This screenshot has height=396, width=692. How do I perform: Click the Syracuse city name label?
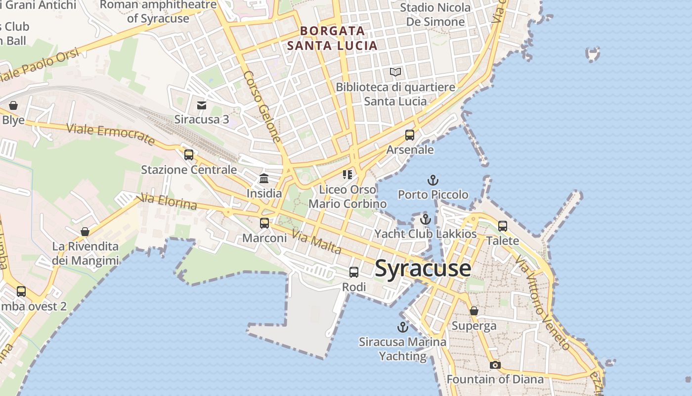tap(423, 268)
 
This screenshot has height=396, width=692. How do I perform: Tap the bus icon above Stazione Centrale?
tap(188, 155)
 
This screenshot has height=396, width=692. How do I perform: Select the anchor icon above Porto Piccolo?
tap(433, 180)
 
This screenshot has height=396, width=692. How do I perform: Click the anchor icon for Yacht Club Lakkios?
tap(426, 219)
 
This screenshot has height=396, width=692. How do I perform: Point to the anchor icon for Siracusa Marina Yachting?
tap(403, 327)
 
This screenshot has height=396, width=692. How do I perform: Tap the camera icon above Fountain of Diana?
tap(495, 365)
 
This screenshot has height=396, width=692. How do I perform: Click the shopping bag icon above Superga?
tap(474, 311)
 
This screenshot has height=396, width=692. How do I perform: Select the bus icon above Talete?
tap(503, 226)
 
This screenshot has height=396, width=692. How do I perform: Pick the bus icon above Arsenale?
tap(410, 135)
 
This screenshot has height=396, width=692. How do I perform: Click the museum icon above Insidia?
tap(264, 178)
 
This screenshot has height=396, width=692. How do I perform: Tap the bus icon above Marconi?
tap(264, 223)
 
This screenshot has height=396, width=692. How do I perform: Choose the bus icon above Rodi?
tap(354, 272)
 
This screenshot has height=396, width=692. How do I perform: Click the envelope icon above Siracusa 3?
tap(202, 105)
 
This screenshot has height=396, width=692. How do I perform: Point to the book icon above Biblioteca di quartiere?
tap(395, 72)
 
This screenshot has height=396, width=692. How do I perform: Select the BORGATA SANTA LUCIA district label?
tap(332, 38)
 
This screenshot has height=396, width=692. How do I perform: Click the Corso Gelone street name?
tap(262, 106)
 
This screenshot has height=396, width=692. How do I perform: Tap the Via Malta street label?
tap(316, 242)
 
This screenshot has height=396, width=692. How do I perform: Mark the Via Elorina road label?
tap(169, 201)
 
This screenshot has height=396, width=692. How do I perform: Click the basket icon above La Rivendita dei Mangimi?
tap(85, 232)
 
